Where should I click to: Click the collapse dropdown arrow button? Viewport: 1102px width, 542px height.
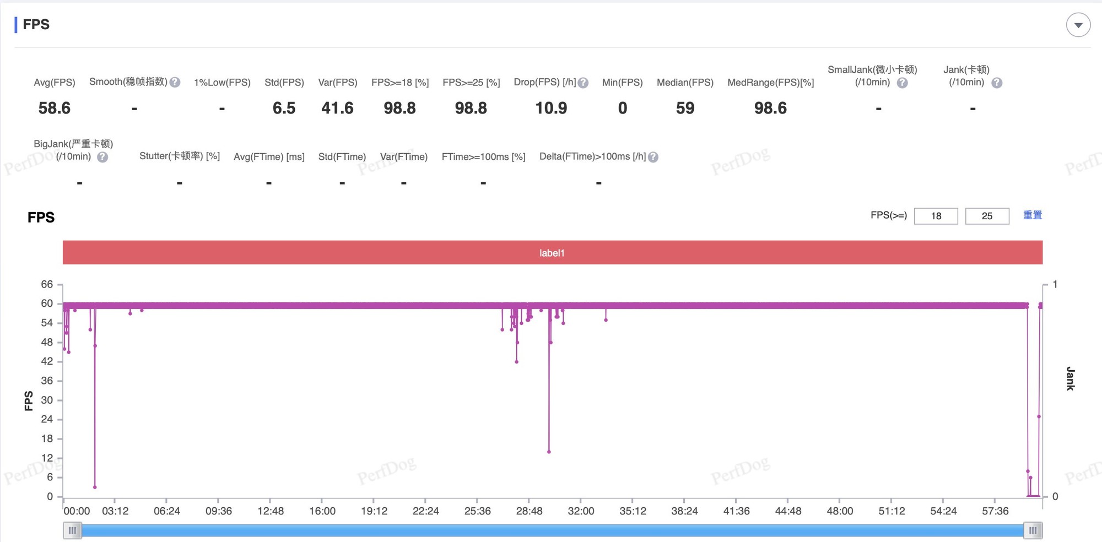1078,25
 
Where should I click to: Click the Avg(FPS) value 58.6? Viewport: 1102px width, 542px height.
55,108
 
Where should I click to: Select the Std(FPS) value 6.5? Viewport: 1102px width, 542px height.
284,108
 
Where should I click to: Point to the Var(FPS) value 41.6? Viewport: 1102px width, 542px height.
337,108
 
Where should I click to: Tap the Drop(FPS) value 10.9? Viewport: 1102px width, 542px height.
551,108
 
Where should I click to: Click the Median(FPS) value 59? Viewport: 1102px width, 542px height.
685,108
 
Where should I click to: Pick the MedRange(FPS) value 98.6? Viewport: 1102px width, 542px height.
770,108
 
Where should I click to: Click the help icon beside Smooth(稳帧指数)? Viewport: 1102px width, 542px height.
175,83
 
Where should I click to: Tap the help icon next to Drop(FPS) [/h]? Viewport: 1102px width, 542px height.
583,83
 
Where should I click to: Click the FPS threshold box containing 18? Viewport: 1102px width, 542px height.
936,216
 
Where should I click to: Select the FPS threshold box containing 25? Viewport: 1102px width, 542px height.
987,216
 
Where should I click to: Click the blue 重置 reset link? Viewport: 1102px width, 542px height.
1033,215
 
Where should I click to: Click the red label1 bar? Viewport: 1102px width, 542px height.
552,253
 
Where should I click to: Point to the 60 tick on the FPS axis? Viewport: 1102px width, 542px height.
47,303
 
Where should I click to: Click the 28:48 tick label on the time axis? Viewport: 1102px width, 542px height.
529,511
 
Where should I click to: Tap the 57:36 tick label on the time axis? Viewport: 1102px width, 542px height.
995,511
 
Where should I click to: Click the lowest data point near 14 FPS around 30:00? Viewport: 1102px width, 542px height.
549,452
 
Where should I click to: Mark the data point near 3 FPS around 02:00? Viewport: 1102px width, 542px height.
95,487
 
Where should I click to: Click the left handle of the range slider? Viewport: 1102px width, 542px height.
72,530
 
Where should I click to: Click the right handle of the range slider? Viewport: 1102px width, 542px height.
1033,530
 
